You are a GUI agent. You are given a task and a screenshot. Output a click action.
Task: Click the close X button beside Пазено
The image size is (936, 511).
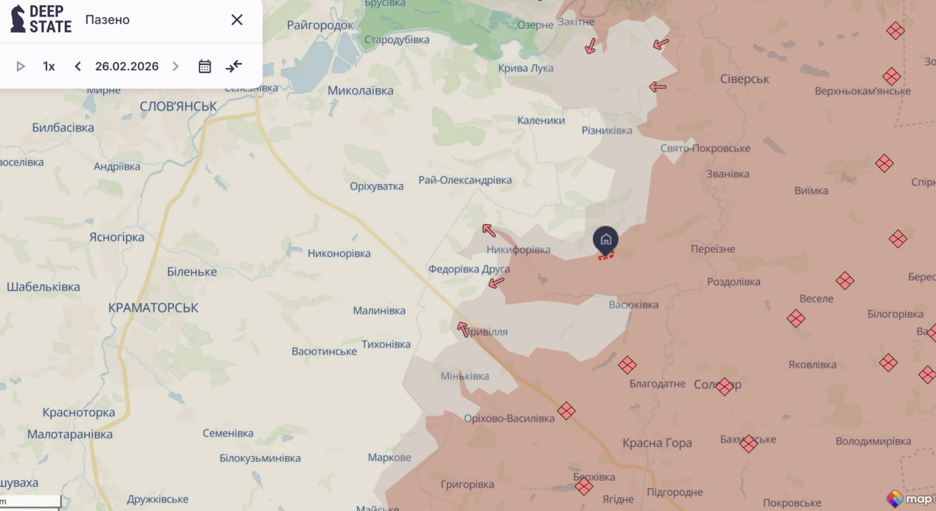237,20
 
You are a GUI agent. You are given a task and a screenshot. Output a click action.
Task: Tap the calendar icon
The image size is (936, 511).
204,66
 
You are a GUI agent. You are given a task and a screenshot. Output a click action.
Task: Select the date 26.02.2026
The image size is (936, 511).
127,66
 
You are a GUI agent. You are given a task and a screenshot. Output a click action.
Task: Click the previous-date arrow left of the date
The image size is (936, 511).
78,66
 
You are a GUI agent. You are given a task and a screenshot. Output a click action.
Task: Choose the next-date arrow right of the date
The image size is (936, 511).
175,66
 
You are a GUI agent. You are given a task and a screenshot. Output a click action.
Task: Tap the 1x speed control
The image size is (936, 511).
49,66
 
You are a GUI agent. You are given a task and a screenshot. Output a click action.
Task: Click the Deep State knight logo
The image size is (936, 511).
18,19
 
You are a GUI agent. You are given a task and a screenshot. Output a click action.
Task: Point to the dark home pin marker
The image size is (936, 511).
606,240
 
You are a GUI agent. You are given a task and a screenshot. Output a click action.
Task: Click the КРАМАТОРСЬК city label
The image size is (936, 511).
153,308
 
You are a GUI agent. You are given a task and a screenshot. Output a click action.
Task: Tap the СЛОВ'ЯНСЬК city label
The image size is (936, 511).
178,107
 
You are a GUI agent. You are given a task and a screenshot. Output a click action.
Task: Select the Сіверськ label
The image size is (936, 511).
744,79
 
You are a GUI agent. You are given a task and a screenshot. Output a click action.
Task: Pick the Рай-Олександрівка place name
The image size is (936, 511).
465,180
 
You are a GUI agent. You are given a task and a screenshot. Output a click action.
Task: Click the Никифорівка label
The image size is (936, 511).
518,249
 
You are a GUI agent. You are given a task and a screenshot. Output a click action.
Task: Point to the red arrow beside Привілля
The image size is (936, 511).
462,329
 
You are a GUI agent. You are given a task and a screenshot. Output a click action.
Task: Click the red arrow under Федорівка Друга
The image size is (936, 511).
496,283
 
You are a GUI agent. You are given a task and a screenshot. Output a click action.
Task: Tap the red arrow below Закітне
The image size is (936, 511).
591,46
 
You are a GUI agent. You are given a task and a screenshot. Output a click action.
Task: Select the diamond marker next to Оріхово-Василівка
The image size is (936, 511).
566,411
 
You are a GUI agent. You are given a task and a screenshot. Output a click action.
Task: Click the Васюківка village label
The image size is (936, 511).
633,304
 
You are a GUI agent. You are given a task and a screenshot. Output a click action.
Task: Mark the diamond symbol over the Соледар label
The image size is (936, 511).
724,386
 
